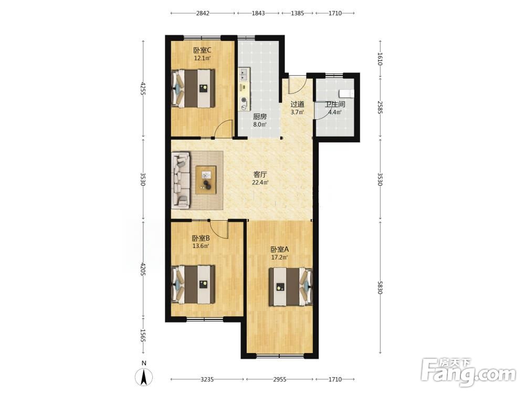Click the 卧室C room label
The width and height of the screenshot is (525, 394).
click(x=202, y=50)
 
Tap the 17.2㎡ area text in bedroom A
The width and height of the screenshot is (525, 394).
click(x=279, y=257)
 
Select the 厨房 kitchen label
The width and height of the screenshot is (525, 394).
click(x=260, y=117)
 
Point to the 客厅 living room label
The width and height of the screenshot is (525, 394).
click(x=260, y=174)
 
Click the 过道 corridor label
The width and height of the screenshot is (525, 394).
click(x=297, y=104)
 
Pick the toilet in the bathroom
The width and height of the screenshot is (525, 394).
click(x=346, y=93)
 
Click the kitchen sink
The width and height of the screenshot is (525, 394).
click(x=244, y=75)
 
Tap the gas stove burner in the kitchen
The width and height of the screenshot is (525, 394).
click(x=244, y=99)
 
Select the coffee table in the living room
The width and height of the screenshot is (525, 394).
click(x=206, y=180)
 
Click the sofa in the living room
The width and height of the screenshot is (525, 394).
click(x=181, y=180)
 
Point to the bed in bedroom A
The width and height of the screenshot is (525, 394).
click(x=291, y=286)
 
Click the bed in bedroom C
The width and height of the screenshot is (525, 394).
click(x=193, y=88)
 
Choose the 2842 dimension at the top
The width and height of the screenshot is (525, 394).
click(x=203, y=13)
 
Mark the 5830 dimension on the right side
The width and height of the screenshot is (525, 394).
click(x=380, y=287)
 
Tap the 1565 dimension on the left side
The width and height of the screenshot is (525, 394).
click(x=143, y=335)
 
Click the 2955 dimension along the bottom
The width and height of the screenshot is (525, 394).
click(x=280, y=379)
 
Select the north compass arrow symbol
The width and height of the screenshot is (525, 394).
click(x=144, y=377)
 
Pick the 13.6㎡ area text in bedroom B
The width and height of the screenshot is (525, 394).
click(x=201, y=245)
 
